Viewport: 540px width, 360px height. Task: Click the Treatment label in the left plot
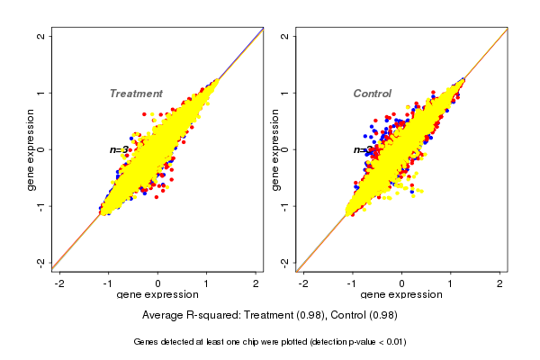click(x=136, y=94)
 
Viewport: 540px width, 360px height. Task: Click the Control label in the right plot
click(x=372, y=94)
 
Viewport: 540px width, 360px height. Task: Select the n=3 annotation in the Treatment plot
click(x=119, y=150)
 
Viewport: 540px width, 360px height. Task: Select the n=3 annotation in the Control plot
click(x=362, y=150)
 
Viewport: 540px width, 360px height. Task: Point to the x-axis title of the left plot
click(x=158, y=295)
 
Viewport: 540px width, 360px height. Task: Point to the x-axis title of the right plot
click(x=402, y=295)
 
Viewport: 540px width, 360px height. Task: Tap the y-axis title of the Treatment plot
click(x=31, y=149)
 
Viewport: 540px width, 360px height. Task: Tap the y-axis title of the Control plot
click(x=276, y=149)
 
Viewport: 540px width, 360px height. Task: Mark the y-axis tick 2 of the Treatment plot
click(x=41, y=37)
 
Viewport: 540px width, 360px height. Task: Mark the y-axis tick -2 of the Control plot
click(x=285, y=262)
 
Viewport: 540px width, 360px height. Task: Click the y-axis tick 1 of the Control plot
click(x=285, y=93)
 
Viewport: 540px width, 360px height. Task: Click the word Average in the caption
click(x=164, y=316)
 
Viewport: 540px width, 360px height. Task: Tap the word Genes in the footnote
click(x=148, y=342)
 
